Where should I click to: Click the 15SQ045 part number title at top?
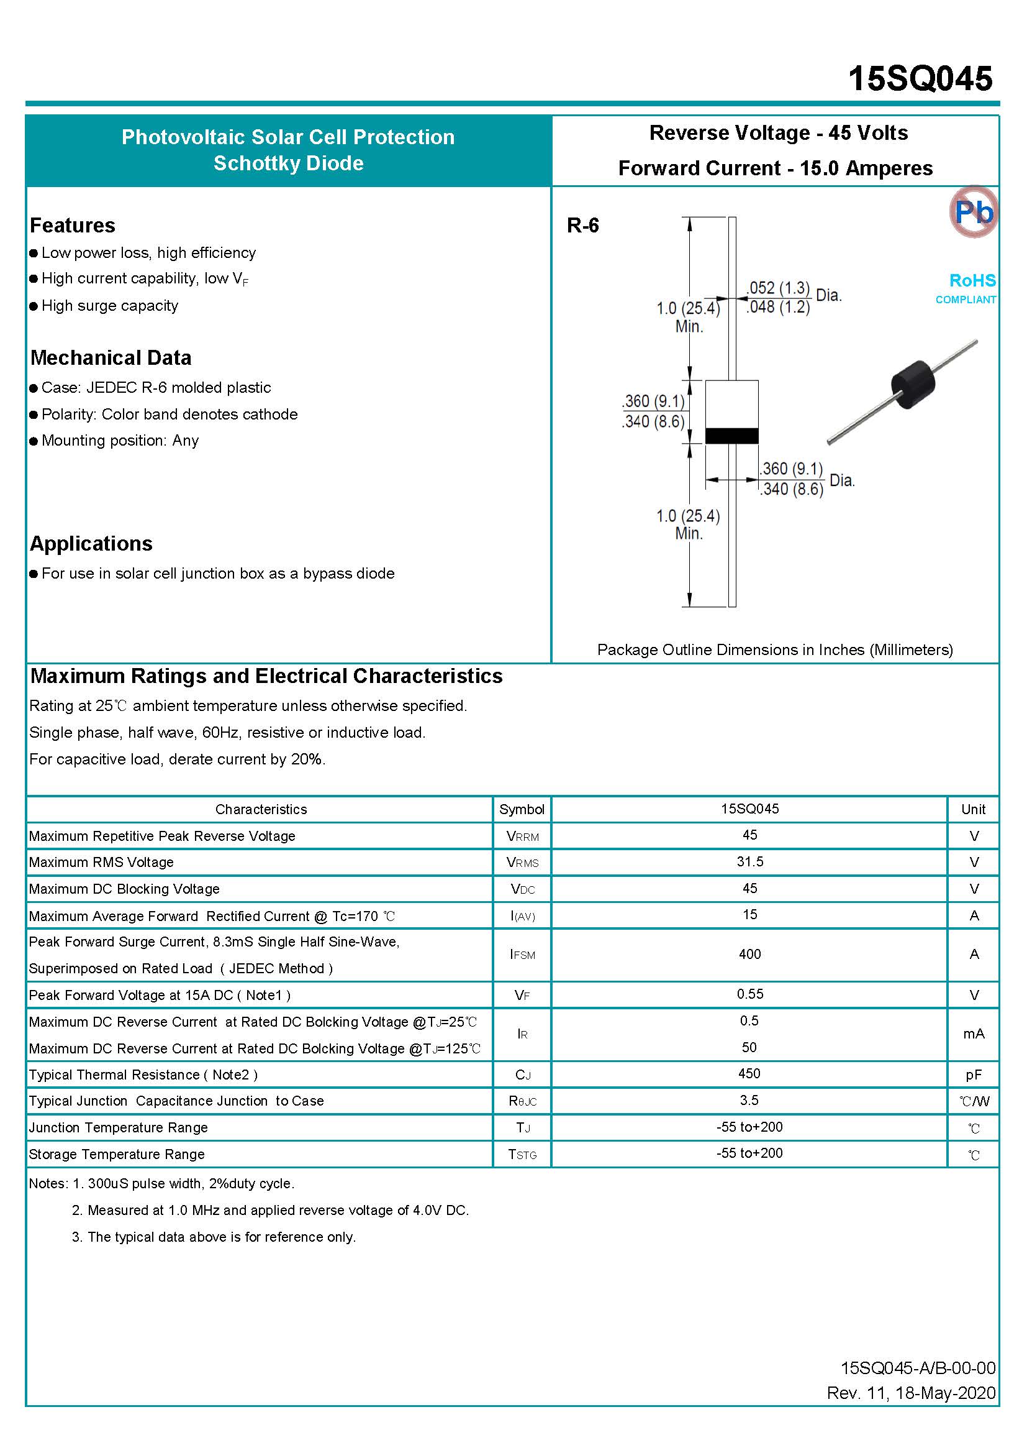click(920, 79)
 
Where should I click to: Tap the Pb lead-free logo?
click(973, 212)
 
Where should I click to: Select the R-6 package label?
click(582, 226)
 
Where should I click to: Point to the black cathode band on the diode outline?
click(731, 436)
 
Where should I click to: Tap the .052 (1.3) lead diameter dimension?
click(778, 288)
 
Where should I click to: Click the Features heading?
click(73, 226)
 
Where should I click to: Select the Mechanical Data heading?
click(111, 357)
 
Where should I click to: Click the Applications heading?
click(91, 543)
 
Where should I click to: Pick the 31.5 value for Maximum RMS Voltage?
click(749, 861)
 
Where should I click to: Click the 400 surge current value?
click(749, 954)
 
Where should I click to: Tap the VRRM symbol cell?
click(522, 836)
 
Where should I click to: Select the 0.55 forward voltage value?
click(749, 994)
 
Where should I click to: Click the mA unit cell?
click(973, 1034)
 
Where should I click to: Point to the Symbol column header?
click(522, 809)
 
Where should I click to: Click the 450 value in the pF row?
click(749, 1074)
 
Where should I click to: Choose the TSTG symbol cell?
click(522, 1154)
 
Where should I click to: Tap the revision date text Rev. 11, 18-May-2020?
click(911, 1393)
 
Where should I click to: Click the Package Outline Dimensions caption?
click(775, 649)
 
